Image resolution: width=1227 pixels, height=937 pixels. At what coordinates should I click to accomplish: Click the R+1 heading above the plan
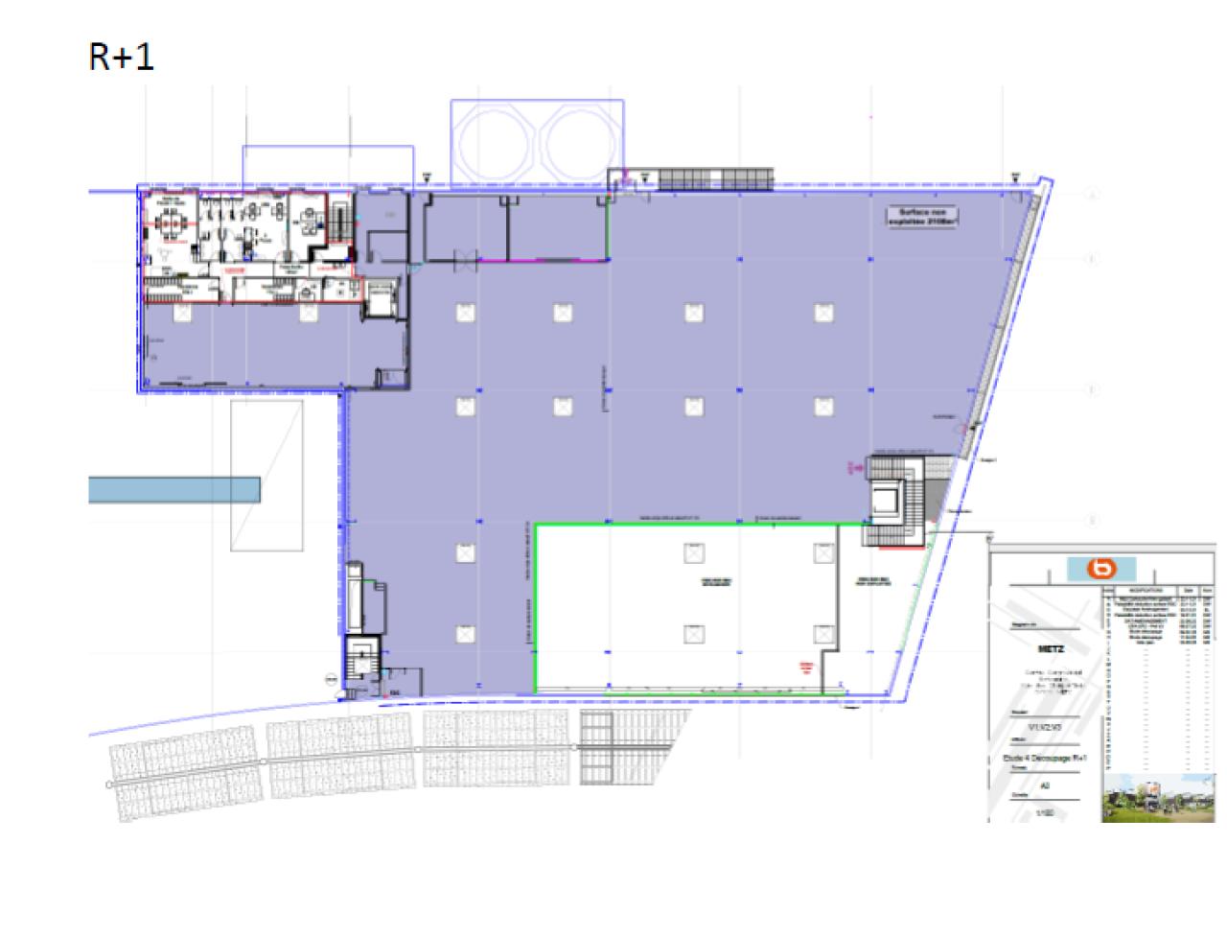[x=121, y=58]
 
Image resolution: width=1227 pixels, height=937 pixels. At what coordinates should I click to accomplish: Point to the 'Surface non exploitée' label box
[x=923, y=216]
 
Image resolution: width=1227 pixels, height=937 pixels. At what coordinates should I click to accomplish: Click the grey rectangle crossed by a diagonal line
[x=266, y=476]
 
